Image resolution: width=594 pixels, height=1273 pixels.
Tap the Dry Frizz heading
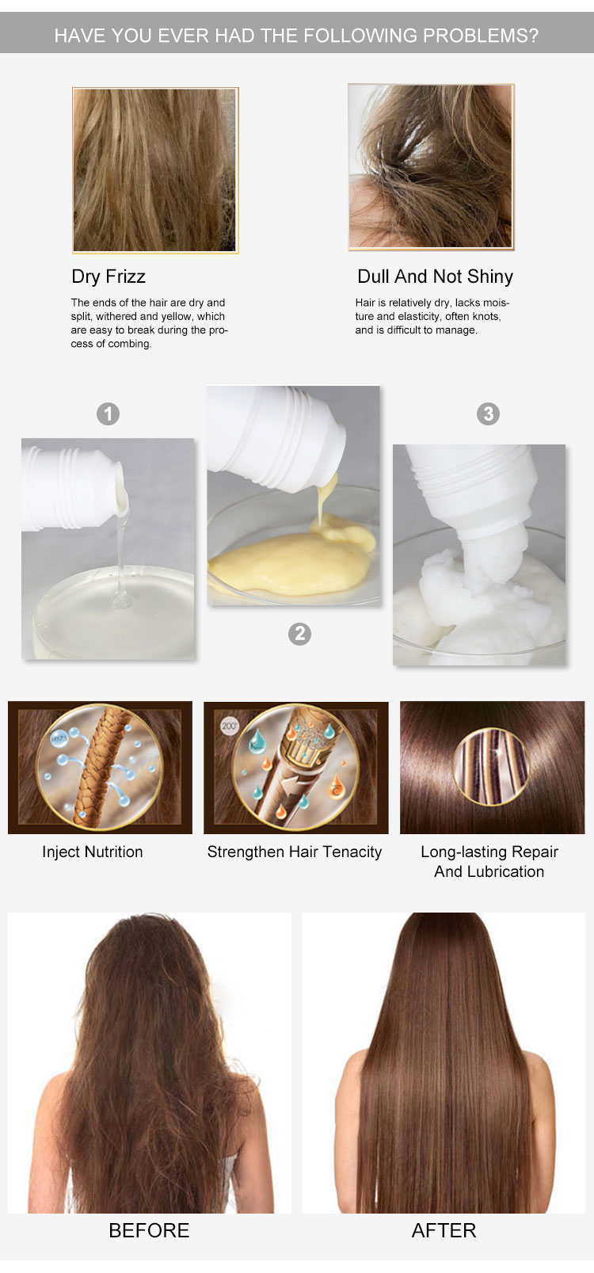[x=109, y=276]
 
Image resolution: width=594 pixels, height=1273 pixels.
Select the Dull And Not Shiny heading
[x=435, y=276]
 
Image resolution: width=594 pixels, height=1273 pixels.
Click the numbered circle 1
[x=108, y=414]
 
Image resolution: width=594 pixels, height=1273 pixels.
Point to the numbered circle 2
[x=299, y=634]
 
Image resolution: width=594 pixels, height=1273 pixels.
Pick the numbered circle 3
[x=489, y=414]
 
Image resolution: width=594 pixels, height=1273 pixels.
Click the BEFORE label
[x=149, y=1230]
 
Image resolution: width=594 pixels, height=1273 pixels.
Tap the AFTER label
[x=444, y=1230]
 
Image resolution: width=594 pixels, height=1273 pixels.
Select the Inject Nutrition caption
[x=92, y=852]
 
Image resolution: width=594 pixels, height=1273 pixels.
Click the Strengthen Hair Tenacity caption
[x=295, y=852]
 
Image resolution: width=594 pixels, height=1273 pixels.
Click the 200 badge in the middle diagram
[x=230, y=726]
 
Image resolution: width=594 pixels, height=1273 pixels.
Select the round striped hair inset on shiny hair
[x=492, y=767]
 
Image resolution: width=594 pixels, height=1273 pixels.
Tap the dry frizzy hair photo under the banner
[x=155, y=170]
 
